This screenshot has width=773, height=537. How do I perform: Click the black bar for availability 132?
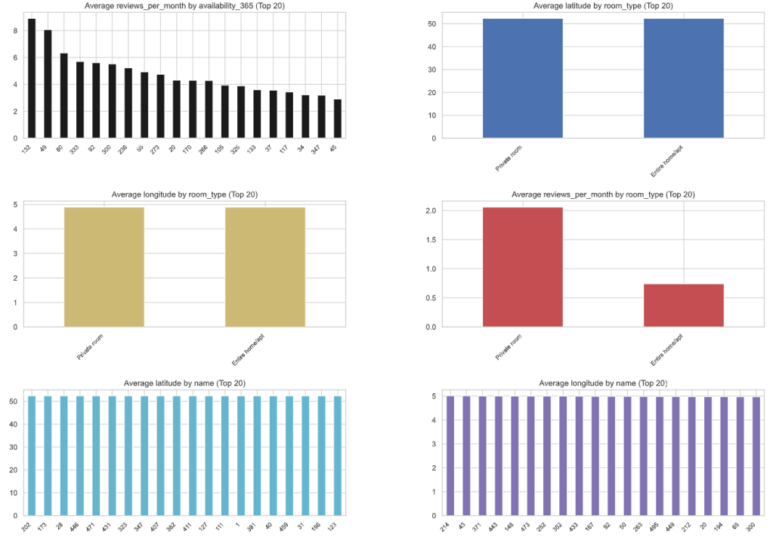(32, 79)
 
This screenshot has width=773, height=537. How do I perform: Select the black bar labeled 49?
(48, 84)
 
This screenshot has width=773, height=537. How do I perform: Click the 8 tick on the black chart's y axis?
(15, 31)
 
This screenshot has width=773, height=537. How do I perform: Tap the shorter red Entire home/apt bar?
(684, 306)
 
